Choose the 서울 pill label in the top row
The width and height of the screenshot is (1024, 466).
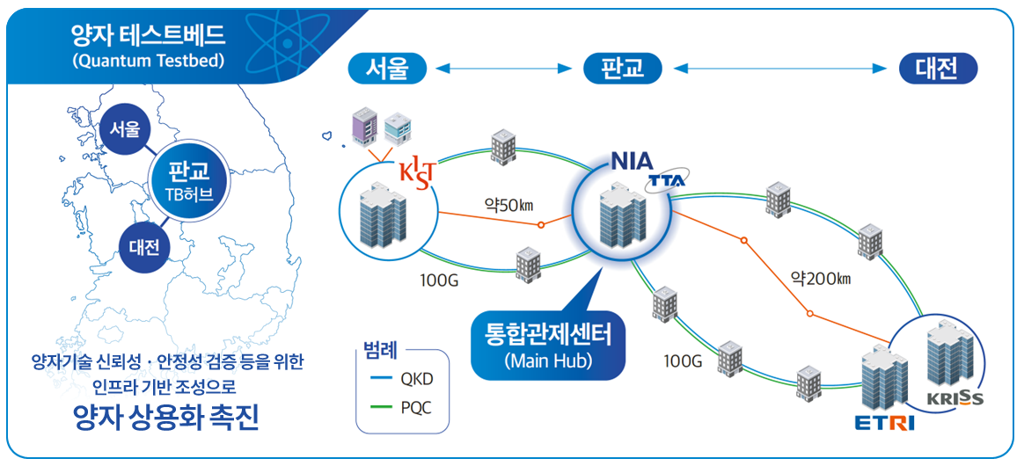[x=387, y=68]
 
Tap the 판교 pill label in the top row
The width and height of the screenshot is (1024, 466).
[x=623, y=68]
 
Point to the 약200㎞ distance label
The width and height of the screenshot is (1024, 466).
[x=821, y=280]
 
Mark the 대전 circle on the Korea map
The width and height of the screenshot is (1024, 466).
[x=144, y=247]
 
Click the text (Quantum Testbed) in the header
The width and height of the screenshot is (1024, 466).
[x=149, y=62]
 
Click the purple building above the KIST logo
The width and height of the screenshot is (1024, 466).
[x=362, y=128]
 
